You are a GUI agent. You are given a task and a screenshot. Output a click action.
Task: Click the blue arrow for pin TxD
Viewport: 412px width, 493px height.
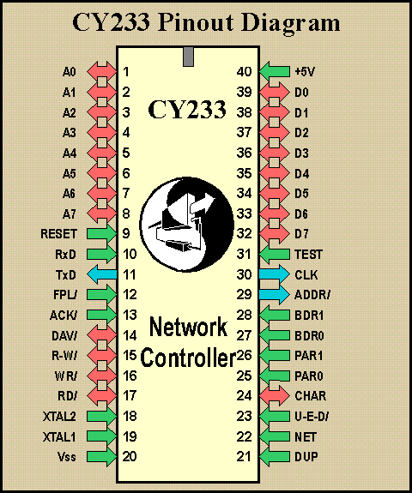102,274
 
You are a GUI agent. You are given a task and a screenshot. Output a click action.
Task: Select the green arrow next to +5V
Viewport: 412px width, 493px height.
274,71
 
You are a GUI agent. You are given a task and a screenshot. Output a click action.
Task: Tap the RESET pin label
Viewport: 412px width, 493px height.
58,234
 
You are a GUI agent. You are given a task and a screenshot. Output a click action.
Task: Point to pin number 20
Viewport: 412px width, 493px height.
130,456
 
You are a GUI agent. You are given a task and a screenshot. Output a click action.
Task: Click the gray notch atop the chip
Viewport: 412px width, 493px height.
188,57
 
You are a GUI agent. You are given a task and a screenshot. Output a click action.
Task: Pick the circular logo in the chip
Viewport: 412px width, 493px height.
187,224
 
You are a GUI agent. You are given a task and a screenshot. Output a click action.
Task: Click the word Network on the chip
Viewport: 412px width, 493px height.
188,327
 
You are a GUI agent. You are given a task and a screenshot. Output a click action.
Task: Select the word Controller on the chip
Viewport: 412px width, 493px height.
188,358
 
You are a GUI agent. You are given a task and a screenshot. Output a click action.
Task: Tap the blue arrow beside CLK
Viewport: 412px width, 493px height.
274,274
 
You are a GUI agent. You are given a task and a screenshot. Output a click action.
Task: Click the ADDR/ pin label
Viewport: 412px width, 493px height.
312,295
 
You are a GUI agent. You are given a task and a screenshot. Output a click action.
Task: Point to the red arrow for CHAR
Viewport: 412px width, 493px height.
274,395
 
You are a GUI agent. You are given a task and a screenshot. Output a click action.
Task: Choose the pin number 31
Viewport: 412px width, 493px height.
244,254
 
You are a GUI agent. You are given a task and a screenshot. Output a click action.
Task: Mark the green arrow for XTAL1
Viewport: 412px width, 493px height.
102,436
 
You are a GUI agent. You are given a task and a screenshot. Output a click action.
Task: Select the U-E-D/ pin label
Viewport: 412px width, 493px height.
312,417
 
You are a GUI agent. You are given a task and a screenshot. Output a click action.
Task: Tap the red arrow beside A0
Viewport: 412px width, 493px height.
102,71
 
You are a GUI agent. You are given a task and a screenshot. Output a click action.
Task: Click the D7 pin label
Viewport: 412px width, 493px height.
301,234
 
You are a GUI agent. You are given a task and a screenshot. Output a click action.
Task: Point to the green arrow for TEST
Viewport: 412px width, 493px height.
274,254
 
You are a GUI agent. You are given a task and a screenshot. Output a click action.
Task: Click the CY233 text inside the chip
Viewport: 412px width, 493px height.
187,110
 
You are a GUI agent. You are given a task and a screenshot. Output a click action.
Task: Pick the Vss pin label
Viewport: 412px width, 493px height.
67,456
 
